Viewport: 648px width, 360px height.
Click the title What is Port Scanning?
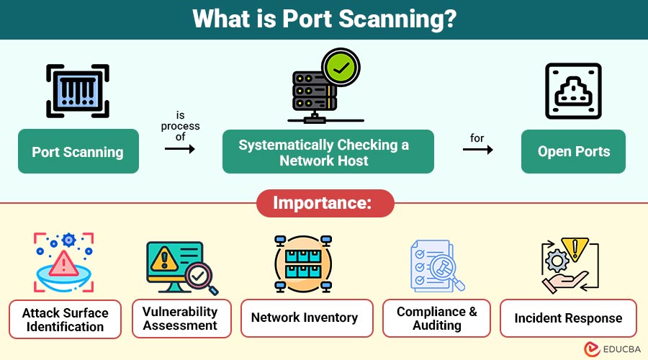(324, 19)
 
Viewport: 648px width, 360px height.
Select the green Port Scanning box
(78, 151)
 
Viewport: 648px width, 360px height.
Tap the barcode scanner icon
(78, 91)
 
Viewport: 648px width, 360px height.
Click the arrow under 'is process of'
(180, 149)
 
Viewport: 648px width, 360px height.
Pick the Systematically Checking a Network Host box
(328, 151)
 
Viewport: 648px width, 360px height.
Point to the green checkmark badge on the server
(339, 69)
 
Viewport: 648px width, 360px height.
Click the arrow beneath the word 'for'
(477, 150)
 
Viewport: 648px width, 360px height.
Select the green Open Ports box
(573, 151)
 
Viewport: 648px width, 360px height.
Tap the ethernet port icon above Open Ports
(573, 91)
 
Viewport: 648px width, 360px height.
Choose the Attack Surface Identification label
(65, 319)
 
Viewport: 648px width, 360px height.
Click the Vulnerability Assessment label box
(180, 318)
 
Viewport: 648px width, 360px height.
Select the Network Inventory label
(304, 318)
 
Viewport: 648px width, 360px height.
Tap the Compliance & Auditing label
(436, 318)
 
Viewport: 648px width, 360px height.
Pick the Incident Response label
(568, 318)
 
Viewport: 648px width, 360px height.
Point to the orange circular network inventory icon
(302, 265)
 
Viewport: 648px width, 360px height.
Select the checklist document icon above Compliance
(432, 265)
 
